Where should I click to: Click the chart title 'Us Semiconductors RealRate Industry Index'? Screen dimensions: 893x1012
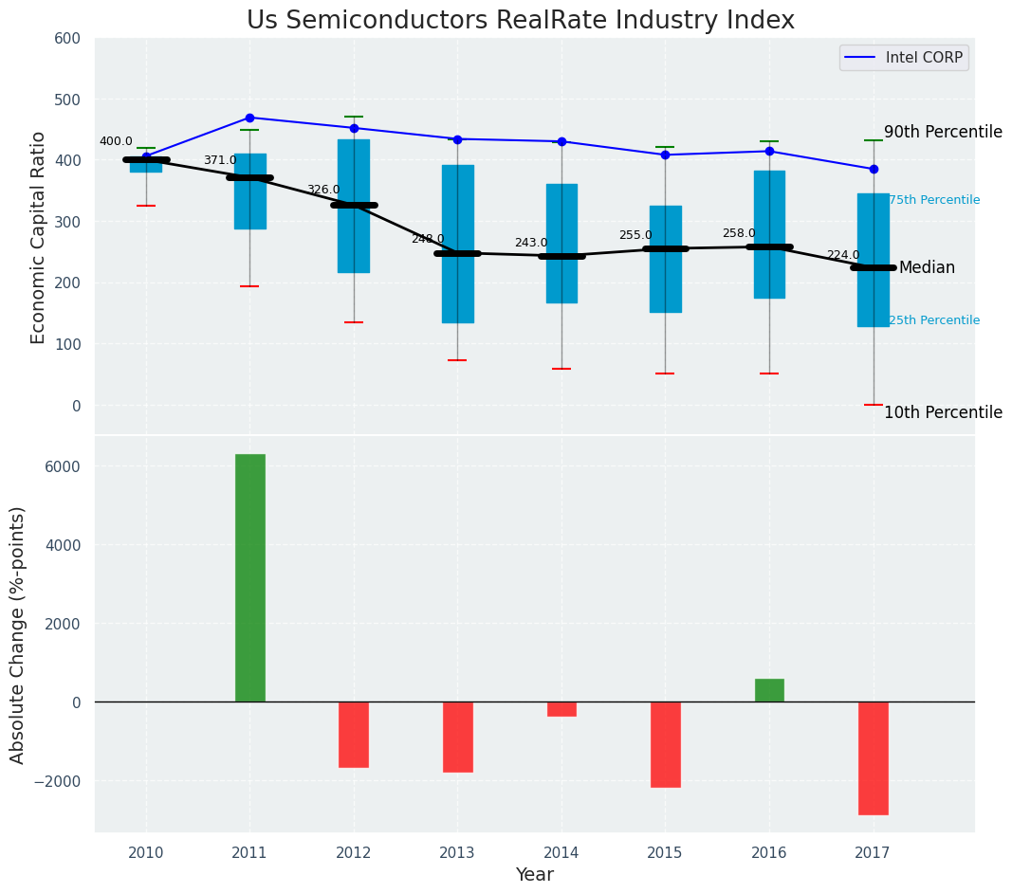click(x=521, y=21)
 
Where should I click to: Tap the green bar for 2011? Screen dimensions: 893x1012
click(x=250, y=578)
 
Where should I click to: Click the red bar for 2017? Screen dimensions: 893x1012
click(x=873, y=757)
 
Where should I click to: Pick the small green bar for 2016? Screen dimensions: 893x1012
click(x=769, y=690)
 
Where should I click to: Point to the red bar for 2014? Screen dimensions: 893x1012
click(x=561, y=709)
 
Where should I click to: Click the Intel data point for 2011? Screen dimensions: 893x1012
click(x=249, y=118)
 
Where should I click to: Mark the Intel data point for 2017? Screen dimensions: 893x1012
click(x=874, y=169)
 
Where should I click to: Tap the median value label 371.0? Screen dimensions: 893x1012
click(x=220, y=160)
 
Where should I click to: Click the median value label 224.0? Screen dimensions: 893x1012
click(x=843, y=255)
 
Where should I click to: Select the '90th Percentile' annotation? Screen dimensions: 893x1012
click(x=943, y=132)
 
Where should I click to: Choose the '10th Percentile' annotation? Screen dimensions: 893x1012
click(x=943, y=412)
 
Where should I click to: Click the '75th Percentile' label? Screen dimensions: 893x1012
click(x=934, y=200)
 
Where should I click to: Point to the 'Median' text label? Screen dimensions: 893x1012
click(x=927, y=267)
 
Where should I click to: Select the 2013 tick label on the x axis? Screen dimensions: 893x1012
click(x=457, y=853)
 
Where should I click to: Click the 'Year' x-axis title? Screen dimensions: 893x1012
click(x=534, y=875)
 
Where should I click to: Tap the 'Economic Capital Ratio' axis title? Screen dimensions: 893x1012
click(x=39, y=237)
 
